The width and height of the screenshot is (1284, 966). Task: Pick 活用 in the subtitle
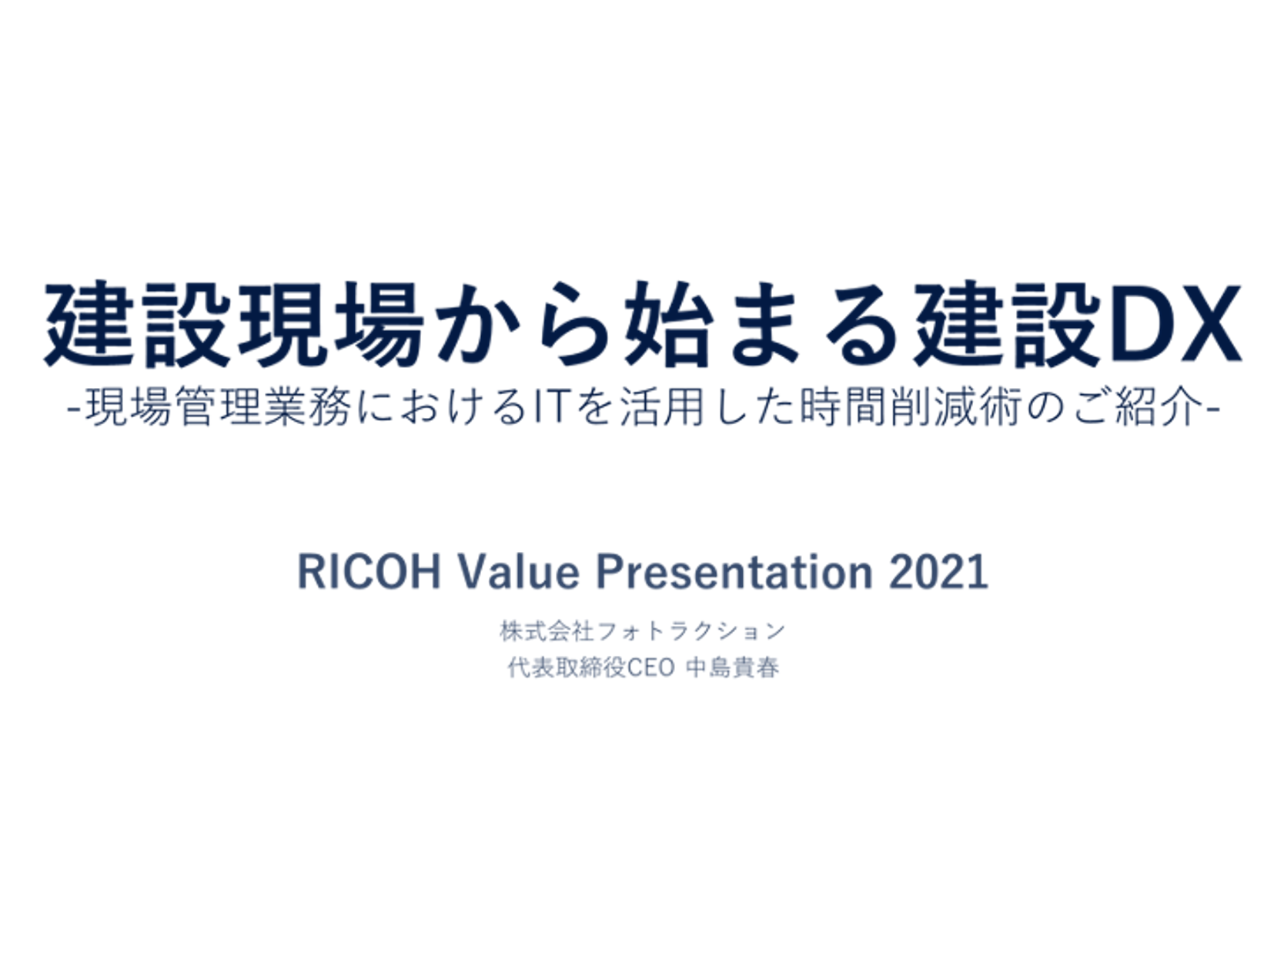661,407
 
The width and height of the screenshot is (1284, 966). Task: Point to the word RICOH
369,572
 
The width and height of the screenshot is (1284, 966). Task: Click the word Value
518,572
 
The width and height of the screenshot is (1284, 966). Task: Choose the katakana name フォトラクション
691,631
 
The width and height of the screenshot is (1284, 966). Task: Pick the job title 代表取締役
567,667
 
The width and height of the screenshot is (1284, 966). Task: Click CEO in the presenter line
651,667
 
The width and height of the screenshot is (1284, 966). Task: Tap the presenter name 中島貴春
732,667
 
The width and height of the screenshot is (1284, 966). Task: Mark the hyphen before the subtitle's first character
75,409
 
